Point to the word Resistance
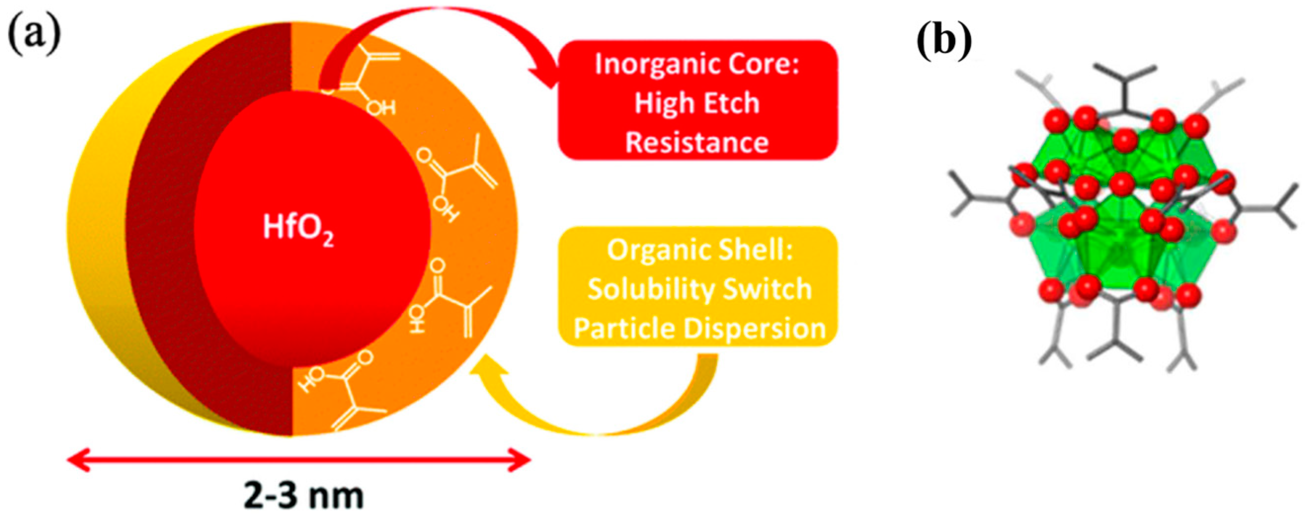pos(697,143)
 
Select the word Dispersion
pos(755,329)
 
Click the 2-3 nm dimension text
pos(304,496)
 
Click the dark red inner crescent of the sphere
pos(162,228)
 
